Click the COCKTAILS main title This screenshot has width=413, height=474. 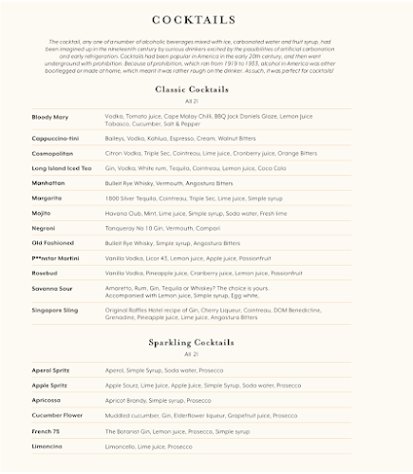(206, 21)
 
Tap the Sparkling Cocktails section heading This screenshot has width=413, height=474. (206, 342)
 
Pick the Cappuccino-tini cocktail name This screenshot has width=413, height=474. (55, 139)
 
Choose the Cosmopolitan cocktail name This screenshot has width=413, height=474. (53, 152)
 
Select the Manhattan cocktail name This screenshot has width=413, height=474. (49, 181)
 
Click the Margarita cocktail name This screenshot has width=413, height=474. (48, 198)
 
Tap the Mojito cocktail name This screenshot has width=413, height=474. (43, 213)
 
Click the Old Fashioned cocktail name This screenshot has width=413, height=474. (53, 243)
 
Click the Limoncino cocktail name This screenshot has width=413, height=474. (47, 446)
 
